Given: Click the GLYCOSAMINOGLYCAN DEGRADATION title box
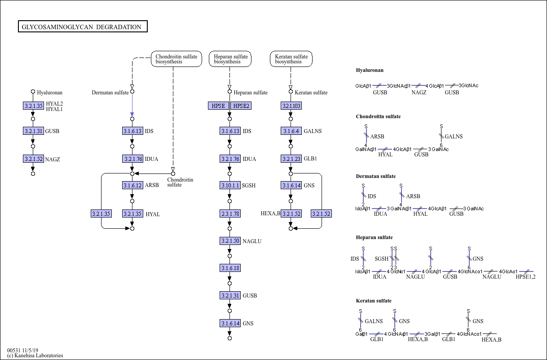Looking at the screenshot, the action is pyautogui.click(x=83, y=27).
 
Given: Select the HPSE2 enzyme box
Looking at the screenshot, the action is pyautogui.click(x=241, y=106).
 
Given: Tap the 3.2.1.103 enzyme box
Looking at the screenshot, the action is pyautogui.click(x=291, y=106).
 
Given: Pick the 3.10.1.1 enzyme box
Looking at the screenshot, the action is pyautogui.click(x=230, y=185).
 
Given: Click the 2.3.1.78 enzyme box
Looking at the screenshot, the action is pyautogui.click(x=230, y=213).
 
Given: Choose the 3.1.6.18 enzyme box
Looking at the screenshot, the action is pyautogui.click(x=230, y=268).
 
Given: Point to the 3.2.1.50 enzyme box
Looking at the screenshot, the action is pyautogui.click(x=230, y=241).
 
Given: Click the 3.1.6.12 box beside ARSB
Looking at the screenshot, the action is pyautogui.click(x=132, y=185).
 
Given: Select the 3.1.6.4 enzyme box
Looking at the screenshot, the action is pyautogui.click(x=291, y=131).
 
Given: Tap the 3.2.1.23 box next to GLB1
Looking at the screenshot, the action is pyautogui.click(x=291, y=159).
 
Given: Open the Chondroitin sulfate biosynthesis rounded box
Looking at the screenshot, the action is pyautogui.click(x=176, y=59).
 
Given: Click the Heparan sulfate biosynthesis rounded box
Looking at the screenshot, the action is pyautogui.click(x=230, y=59).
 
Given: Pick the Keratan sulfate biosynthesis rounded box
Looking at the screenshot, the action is pyautogui.click(x=291, y=59).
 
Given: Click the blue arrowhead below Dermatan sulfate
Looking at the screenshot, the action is pyautogui.click(x=132, y=114).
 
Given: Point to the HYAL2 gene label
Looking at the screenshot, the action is pyautogui.click(x=54, y=104).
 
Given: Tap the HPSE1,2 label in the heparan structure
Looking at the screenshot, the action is pyautogui.click(x=525, y=277).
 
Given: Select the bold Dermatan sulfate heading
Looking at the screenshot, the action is pyautogui.click(x=375, y=176).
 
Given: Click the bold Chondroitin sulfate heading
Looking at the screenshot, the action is pyautogui.click(x=378, y=116).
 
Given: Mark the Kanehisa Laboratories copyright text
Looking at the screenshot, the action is pyautogui.click(x=35, y=356).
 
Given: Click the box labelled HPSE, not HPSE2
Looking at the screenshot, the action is pyautogui.click(x=218, y=106).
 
